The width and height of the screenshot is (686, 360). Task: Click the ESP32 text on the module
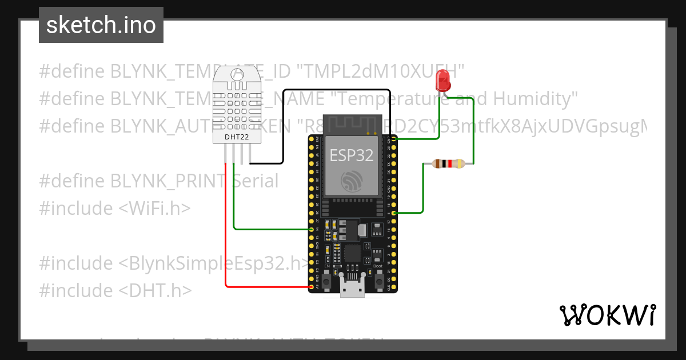coord(352,155)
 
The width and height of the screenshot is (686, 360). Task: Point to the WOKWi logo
coord(607,315)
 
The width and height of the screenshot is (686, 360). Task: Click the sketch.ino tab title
coord(101,25)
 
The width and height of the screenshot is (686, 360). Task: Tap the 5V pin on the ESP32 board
coord(312,287)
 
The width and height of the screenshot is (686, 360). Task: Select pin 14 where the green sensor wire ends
coord(312,229)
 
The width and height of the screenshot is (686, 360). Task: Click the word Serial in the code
coord(256,181)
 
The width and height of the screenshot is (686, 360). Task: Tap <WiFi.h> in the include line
coord(154,209)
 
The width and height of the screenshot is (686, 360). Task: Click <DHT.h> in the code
coord(155,291)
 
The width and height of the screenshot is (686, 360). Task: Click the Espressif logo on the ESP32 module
coord(352,181)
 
